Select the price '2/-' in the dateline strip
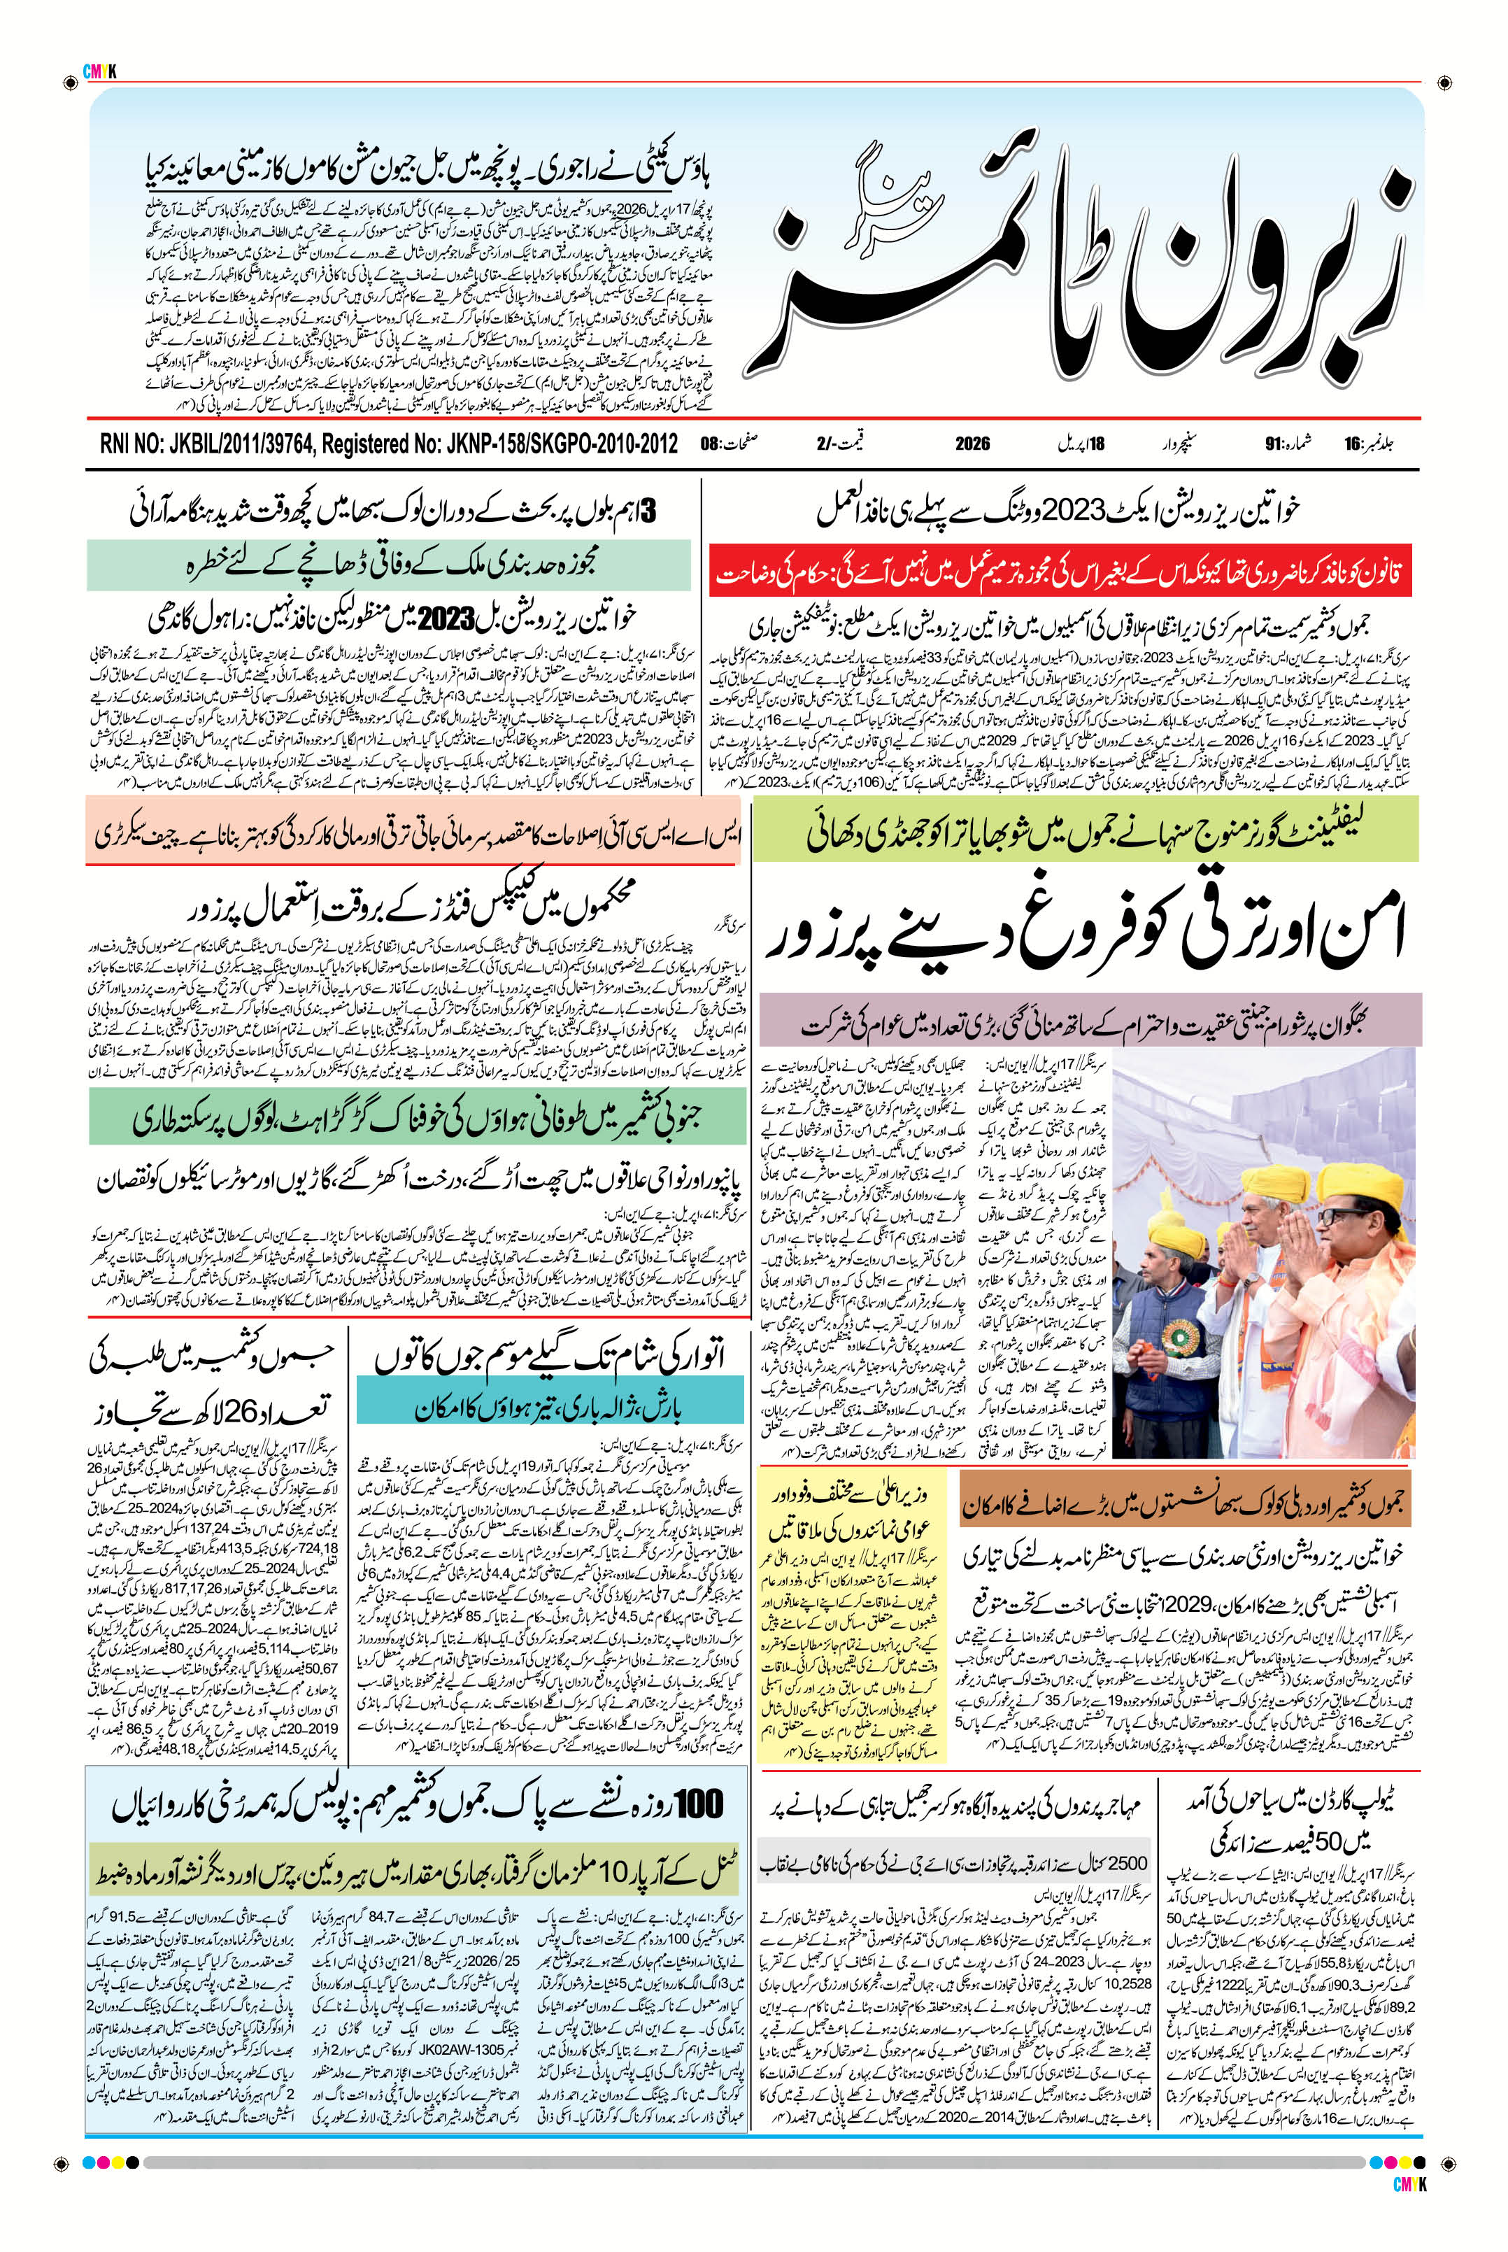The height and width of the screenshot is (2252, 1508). click(824, 444)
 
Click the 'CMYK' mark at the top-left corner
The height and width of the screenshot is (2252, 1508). click(100, 69)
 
